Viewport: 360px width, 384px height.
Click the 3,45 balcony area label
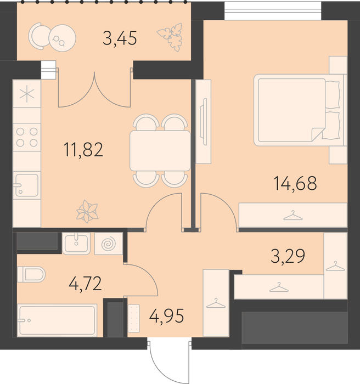click(x=120, y=38)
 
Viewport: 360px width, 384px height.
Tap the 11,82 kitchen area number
click(x=83, y=150)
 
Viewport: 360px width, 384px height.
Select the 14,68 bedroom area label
click(x=295, y=183)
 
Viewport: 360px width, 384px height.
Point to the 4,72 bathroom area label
click(x=85, y=284)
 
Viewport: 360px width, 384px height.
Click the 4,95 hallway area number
click(x=166, y=315)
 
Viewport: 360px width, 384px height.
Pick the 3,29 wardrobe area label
click(x=288, y=256)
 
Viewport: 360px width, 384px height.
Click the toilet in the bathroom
click(x=31, y=274)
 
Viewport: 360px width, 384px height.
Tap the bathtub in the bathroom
click(x=57, y=320)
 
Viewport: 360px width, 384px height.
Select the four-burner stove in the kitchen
click(x=27, y=137)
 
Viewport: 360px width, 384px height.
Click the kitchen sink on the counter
click(x=27, y=185)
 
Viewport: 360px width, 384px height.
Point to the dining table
click(x=160, y=151)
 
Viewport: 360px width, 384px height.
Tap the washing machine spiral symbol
click(x=109, y=244)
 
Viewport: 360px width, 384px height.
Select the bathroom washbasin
click(x=76, y=243)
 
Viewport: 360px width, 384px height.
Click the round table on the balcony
click(x=62, y=38)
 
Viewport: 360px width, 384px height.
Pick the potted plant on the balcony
click(x=170, y=37)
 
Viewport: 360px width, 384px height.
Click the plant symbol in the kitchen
click(x=87, y=211)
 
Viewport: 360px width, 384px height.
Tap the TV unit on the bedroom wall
click(x=204, y=122)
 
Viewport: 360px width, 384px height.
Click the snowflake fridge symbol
click(x=27, y=93)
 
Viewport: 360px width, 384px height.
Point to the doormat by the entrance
click(x=134, y=318)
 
